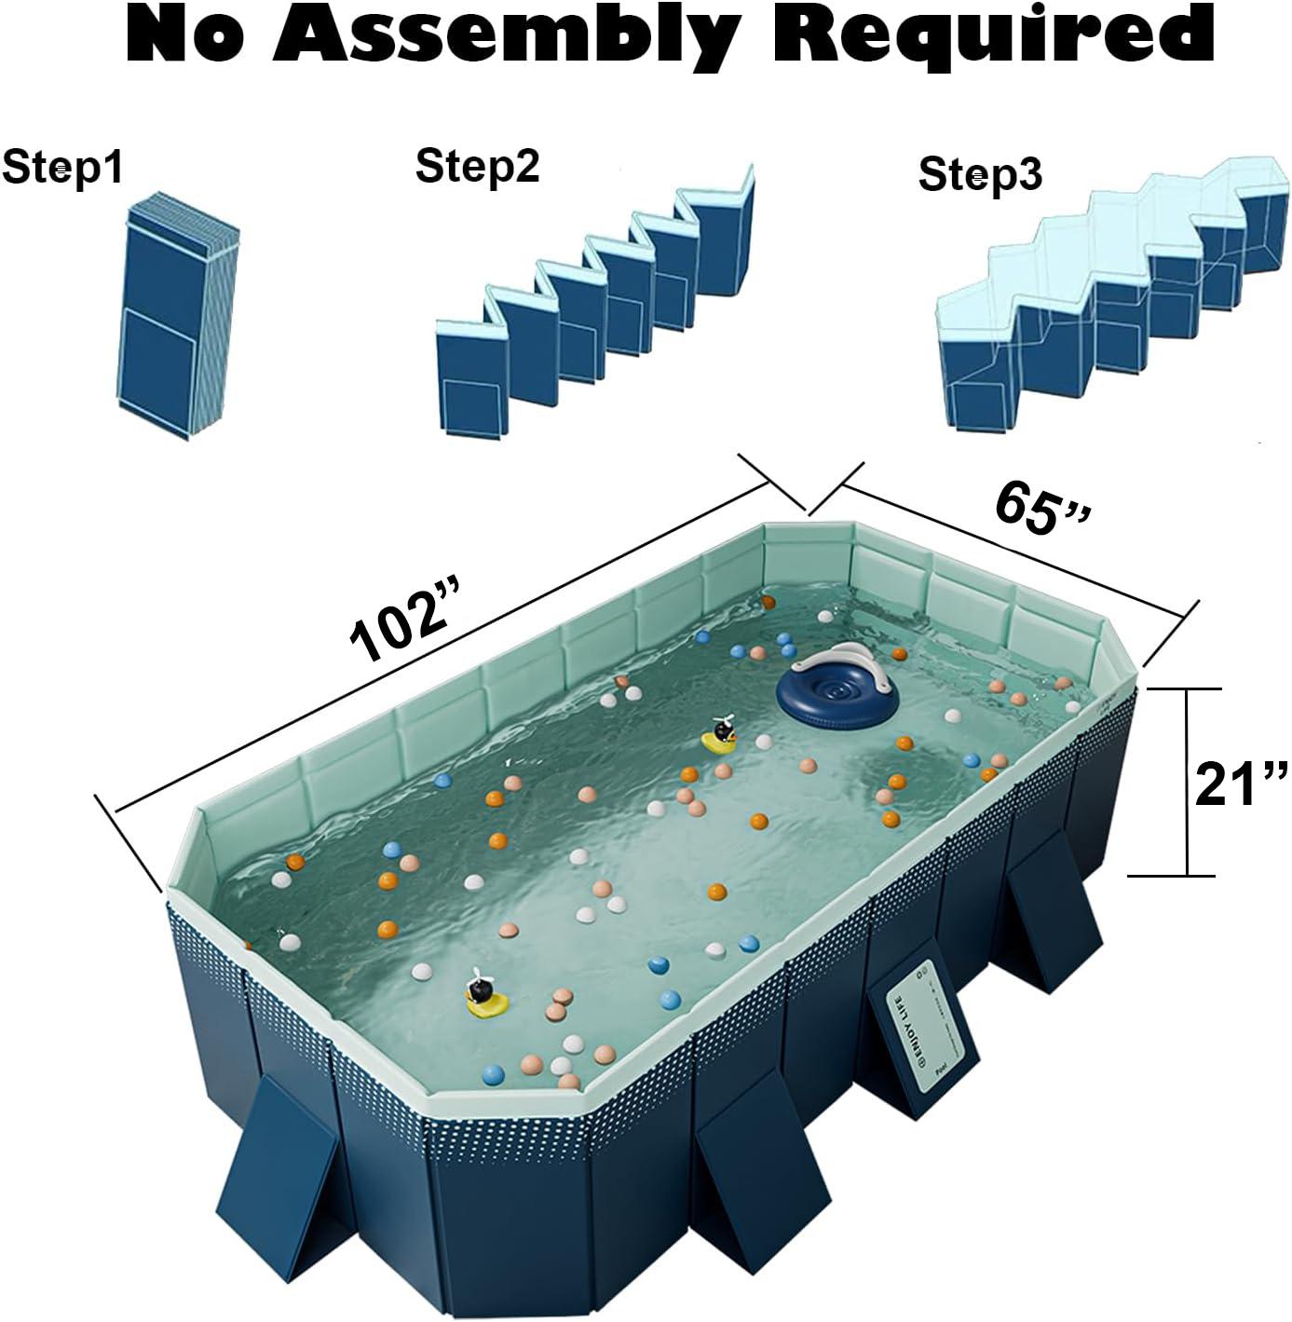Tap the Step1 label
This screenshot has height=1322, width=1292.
pyautogui.click(x=61, y=169)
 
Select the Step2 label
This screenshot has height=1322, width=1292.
pyautogui.click(x=477, y=167)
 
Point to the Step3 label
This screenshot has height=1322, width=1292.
pyautogui.click(x=980, y=174)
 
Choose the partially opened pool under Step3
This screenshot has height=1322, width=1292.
pyautogui.click(x=1108, y=298)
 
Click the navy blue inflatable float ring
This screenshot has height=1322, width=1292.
pyautogui.click(x=836, y=694)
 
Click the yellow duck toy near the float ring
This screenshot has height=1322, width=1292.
pyautogui.click(x=720, y=737)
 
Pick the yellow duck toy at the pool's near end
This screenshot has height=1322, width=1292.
pyautogui.click(x=485, y=998)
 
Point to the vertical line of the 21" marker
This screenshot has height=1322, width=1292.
pyautogui.click(x=1187, y=783)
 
